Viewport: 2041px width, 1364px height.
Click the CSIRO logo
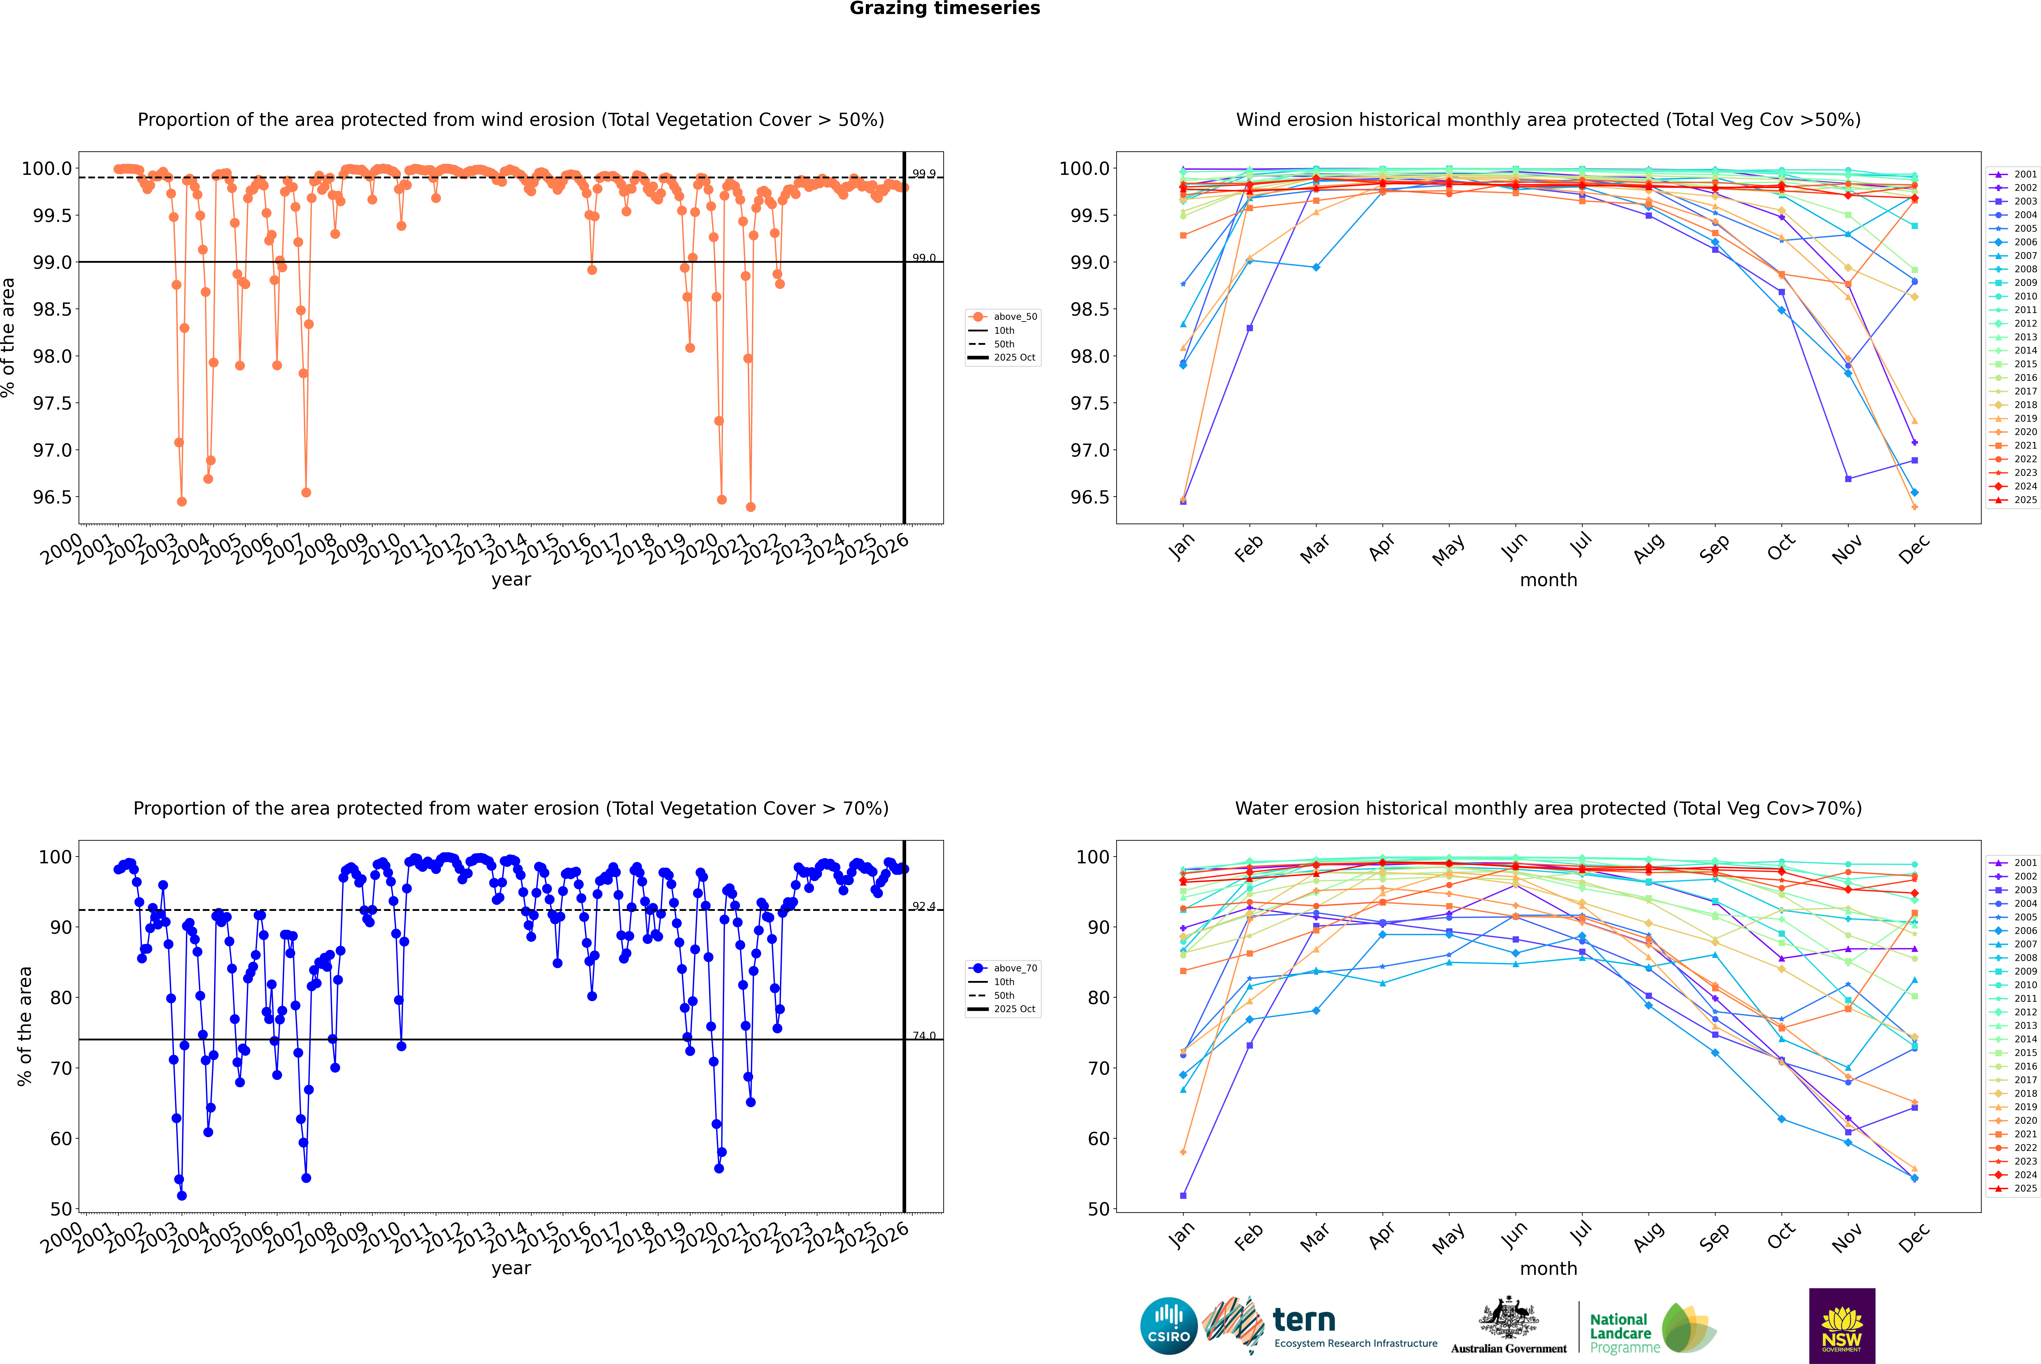click(x=1169, y=1326)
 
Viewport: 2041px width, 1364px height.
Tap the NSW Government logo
click(x=1842, y=1326)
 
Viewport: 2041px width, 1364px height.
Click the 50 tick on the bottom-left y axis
click(x=61, y=1209)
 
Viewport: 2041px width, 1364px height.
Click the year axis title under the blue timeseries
click(x=511, y=1268)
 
